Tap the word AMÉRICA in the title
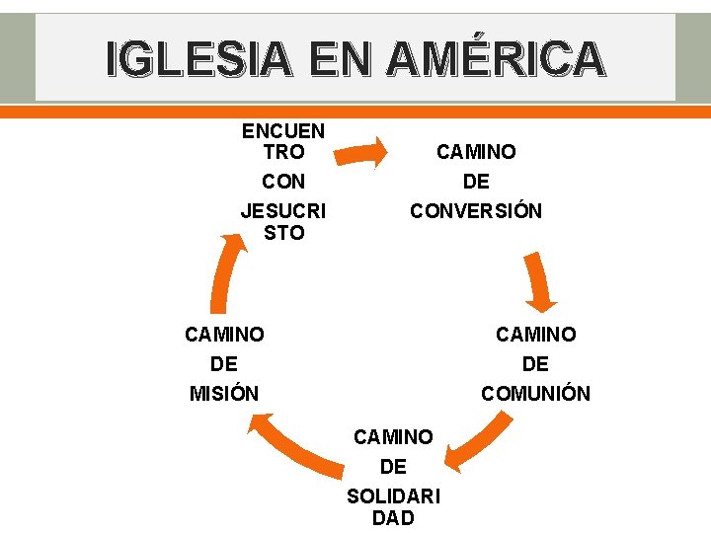coord(495,58)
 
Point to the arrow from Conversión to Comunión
coord(539,281)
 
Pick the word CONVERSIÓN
coord(476,211)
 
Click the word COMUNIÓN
coord(535,394)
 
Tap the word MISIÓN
coord(224,394)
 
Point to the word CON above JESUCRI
coord(283,182)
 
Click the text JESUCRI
coord(283,211)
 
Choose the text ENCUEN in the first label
coord(283,131)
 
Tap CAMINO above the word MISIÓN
coord(224,335)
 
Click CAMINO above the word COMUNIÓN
coord(535,335)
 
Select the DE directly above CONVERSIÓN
coord(476,182)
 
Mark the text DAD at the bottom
coord(393,518)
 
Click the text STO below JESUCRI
coord(283,233)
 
